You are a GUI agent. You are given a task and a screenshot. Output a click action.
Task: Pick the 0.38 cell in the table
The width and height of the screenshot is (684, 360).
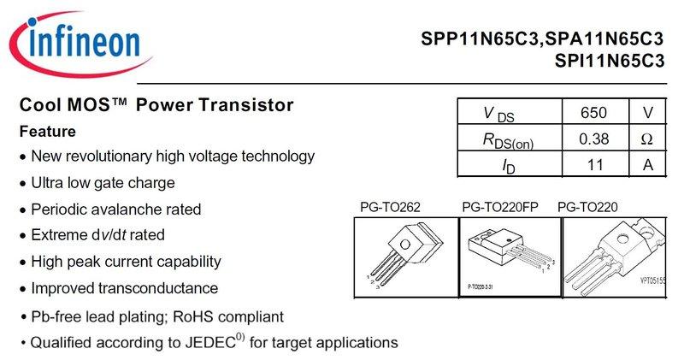tap(593, 139)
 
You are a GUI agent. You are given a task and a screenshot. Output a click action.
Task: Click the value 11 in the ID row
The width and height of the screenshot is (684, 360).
tap(593, 164)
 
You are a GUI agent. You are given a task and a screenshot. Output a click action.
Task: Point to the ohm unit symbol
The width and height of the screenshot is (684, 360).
tap(646, 139)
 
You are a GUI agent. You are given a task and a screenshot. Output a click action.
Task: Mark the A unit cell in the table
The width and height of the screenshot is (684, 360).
tap(646, 164)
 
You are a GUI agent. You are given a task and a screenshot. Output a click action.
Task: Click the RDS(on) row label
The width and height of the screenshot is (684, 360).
tap(508, 139)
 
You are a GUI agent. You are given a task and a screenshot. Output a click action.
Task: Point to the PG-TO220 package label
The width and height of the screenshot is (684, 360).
tap(587, 207)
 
